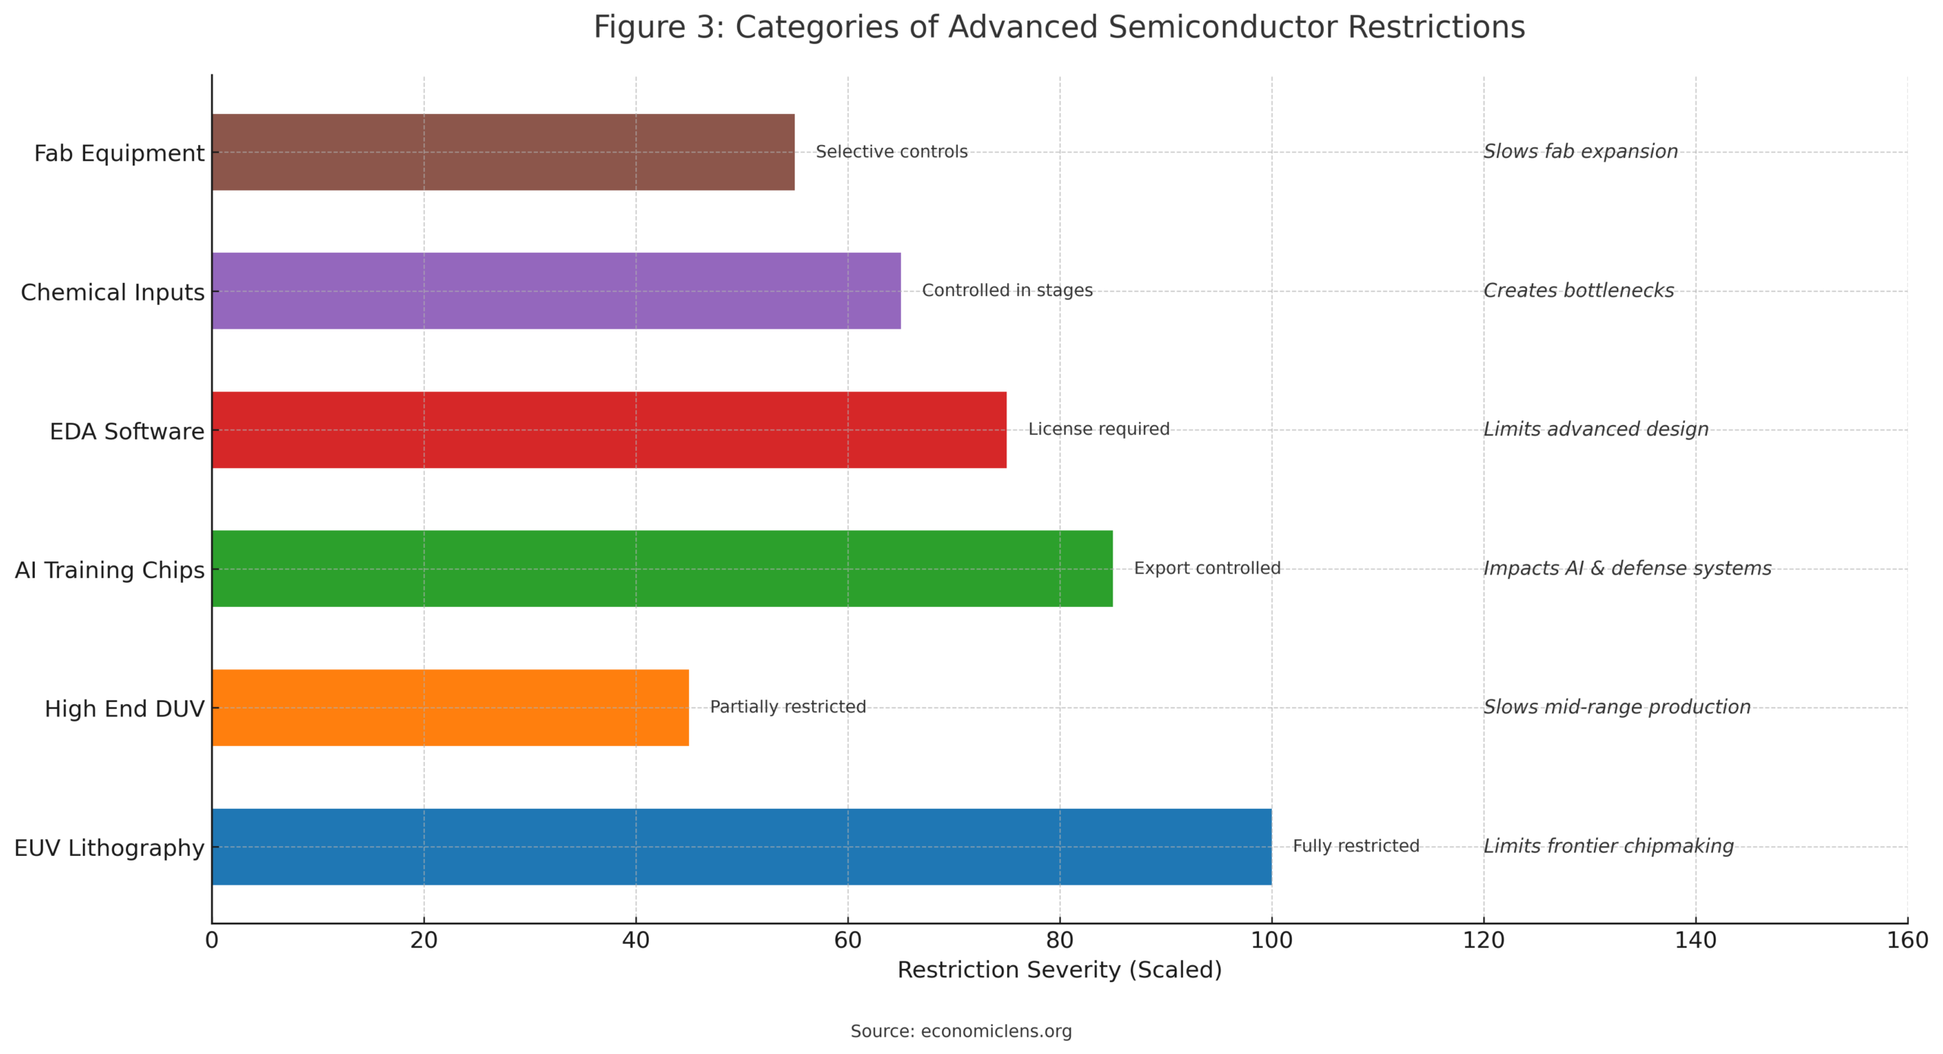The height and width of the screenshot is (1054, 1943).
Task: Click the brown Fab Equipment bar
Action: click(x=502, y=152)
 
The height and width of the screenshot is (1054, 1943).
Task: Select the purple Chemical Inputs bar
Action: click(x=556, y=291)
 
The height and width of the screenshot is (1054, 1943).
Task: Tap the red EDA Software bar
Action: click(x=609, y=429)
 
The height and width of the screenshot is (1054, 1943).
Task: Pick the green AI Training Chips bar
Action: click(x=662, y=568)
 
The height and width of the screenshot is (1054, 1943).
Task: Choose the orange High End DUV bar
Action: click(x=450, y=707)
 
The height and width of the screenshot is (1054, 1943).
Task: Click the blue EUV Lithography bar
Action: click(x=741, y=846)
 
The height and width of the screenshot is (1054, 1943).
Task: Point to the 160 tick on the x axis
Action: click(x=1907, y=940)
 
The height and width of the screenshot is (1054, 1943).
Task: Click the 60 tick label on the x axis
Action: click(x=848, y=940)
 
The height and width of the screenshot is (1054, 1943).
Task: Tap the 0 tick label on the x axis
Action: click(x=212, y=940)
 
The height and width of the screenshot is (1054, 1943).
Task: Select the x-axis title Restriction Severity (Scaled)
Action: click(x=1060, y=970)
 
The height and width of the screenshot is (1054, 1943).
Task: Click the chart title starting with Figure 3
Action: click(x=1059, y=27)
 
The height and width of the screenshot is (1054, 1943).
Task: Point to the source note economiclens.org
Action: click(x=961, y=1031)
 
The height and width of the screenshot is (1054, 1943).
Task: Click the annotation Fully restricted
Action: click(x=1356, y=846)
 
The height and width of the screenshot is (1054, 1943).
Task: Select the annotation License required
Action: click(x=1098, y=429)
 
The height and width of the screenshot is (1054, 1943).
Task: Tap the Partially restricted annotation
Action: click(x=788, y=707)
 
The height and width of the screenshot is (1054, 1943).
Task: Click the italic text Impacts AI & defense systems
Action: click(x=1627, y=568)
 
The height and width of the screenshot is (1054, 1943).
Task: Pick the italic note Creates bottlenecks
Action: click(x=1579, y=291)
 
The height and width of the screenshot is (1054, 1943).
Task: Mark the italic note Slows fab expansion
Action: click(x=1580, y=152)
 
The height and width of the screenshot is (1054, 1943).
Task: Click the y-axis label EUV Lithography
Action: click(x=109, y=848)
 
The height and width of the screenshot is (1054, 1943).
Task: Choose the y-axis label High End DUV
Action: click(x=124, y=709)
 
